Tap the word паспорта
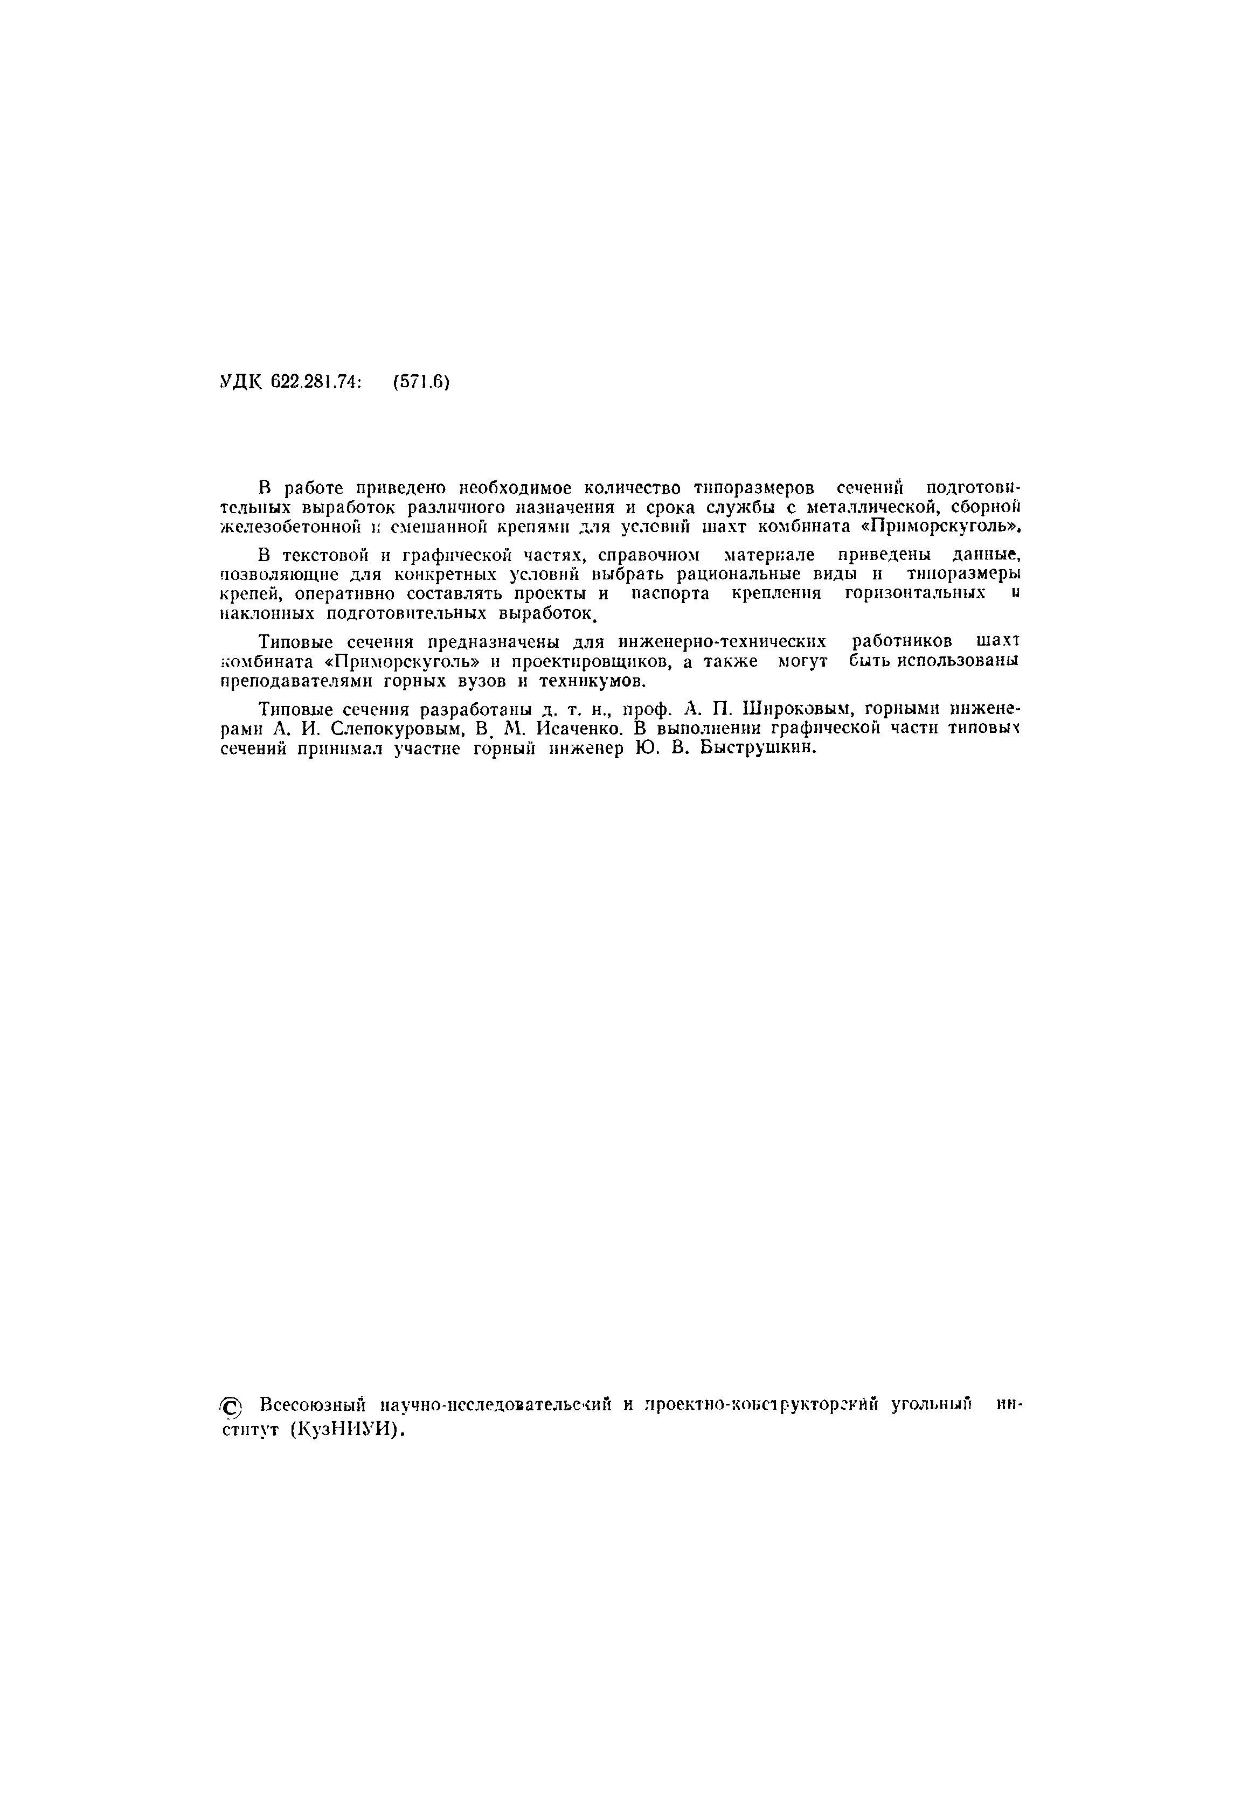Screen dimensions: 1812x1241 coord(670,594)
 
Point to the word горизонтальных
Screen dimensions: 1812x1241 coord(915,594)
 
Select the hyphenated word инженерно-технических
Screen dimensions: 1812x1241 coord(722,642)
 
